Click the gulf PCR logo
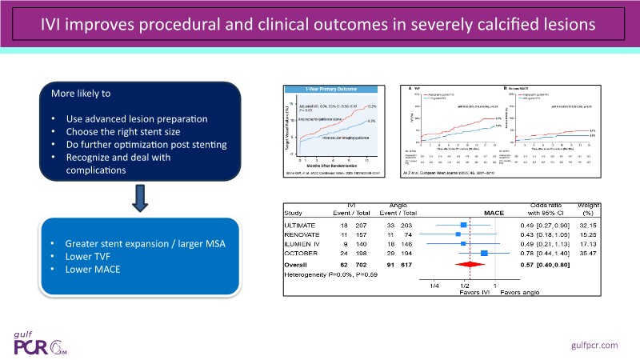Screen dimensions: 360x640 tap(44, 340)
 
